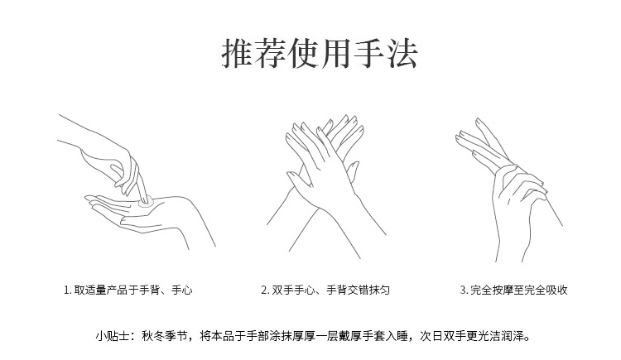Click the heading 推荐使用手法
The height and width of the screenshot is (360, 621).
point(320,54)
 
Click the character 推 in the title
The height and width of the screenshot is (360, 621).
point(238,54)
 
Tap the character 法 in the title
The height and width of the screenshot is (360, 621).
point(402,54)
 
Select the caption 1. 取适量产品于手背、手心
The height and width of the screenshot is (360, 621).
point(128,290)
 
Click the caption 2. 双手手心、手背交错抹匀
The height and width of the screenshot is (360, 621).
point(325,290)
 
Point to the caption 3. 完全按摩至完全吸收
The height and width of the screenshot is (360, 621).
point(513,290)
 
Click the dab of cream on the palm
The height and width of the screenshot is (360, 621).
point(146,204)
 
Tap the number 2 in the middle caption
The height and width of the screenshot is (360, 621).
point(264,290)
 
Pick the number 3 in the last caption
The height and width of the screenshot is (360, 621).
point(463,290)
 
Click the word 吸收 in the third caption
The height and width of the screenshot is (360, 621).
point(557,290)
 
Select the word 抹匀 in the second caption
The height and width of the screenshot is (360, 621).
point(379,290)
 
